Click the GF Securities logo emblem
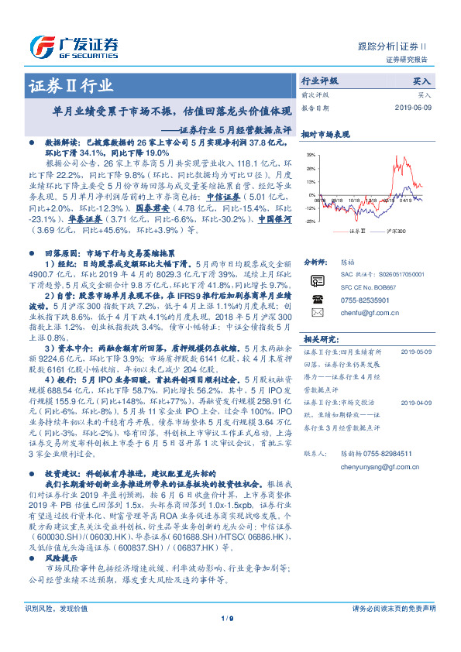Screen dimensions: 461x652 tap(41, 45)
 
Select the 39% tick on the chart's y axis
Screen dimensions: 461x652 tap(310, 156)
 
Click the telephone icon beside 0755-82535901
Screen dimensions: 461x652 tap(317, 299)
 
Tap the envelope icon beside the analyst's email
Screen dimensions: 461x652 tap(317, 313)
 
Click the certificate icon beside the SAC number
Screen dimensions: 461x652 tap(317, 280)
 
